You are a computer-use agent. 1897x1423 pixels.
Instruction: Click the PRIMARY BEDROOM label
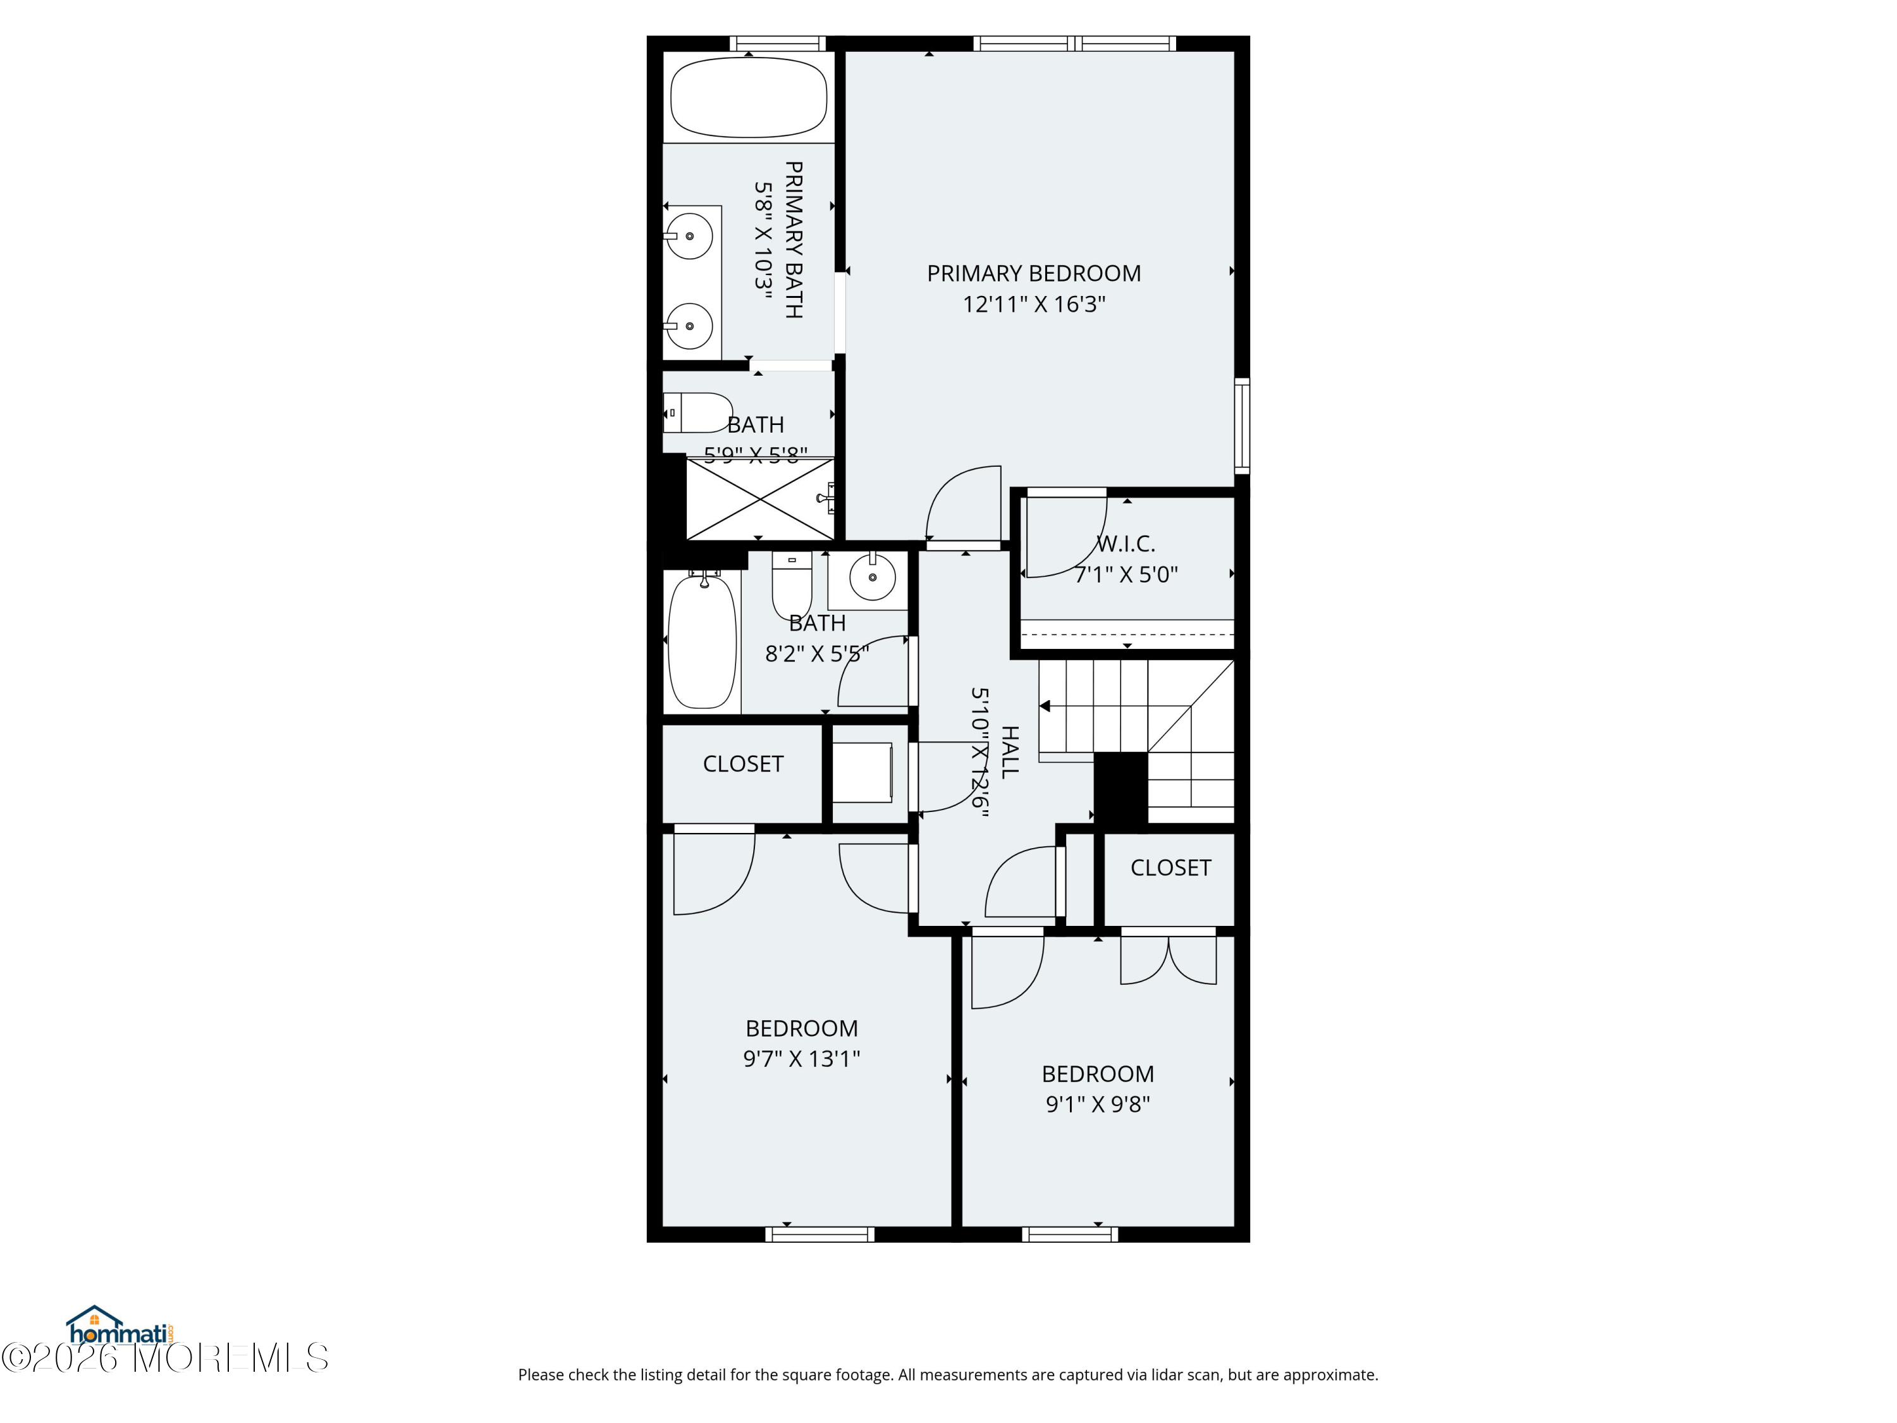pos(1033,274)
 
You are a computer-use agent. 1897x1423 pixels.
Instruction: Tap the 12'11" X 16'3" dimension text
pos(1033,304)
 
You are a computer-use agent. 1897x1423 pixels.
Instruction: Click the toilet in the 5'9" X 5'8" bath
pos(699,412)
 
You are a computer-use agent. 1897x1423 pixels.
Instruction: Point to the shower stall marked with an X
pos(760,499)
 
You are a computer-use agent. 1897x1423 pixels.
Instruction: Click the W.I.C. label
pos(1126,544)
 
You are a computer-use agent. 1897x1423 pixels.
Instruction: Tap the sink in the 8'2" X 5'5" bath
pos(871,576)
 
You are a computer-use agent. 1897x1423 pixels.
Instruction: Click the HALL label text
pos(1010,752)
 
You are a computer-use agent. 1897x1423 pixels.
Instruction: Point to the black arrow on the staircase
pos(1045,706)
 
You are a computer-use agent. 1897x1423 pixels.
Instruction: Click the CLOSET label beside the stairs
pos(1170,868)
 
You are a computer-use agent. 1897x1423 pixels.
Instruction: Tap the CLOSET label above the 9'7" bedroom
pos(743,764)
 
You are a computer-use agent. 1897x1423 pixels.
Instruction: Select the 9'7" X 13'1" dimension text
pos(801,1059)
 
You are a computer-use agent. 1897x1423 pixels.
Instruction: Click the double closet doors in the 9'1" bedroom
pos(1168,959)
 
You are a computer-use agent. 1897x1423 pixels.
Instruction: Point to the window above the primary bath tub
pos(777,43)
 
